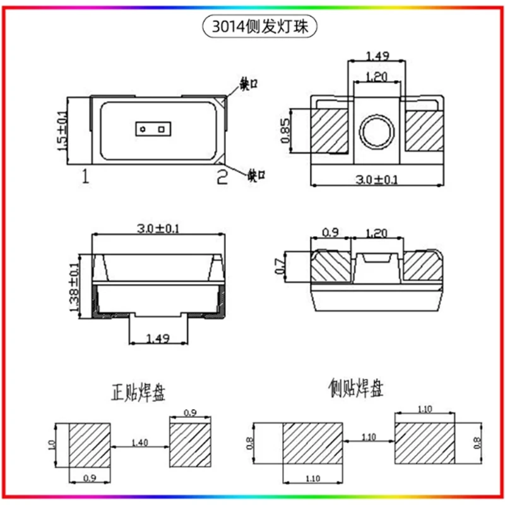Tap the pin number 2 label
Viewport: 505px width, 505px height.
pos(222,177)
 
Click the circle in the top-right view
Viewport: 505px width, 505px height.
pos(376,132)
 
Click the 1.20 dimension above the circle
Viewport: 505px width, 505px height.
pos(377,77)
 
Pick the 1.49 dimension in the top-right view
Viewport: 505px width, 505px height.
pos(377,56)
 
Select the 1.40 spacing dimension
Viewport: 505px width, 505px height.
pos(140,443)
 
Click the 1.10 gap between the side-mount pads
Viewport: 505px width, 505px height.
pos(369,436)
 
